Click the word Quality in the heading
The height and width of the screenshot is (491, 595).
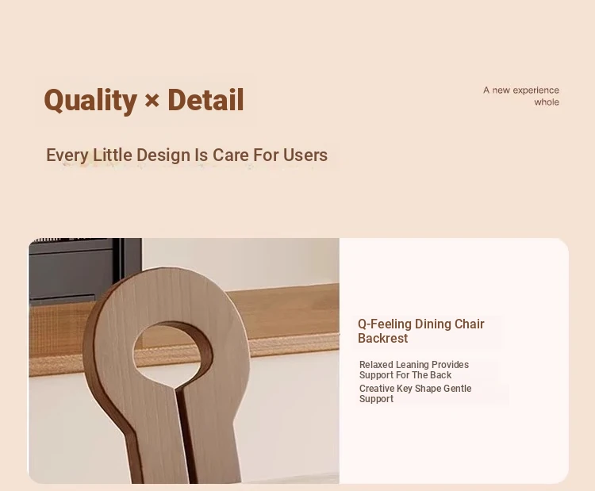point(90,100)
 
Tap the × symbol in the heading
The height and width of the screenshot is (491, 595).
point(152,102)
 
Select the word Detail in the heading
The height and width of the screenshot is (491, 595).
point(205,100)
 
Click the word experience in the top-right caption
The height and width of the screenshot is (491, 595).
point(535,90)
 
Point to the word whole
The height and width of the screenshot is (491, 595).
point(547,102)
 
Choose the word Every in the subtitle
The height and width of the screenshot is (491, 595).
point(67,155)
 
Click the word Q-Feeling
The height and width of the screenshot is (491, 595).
point(385,324)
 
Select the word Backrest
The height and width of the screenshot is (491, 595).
point(382,339)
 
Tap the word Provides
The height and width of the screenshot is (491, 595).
point(450,365)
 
